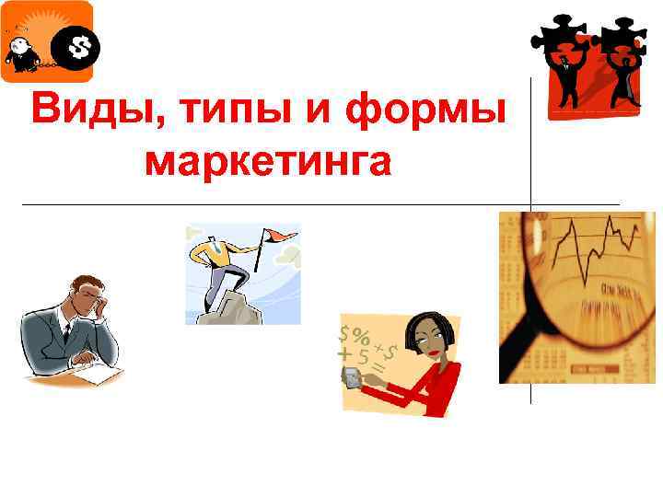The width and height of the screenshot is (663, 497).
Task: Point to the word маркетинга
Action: [x=269, y=161]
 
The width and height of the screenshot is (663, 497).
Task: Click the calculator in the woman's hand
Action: [x=352, y=377]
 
